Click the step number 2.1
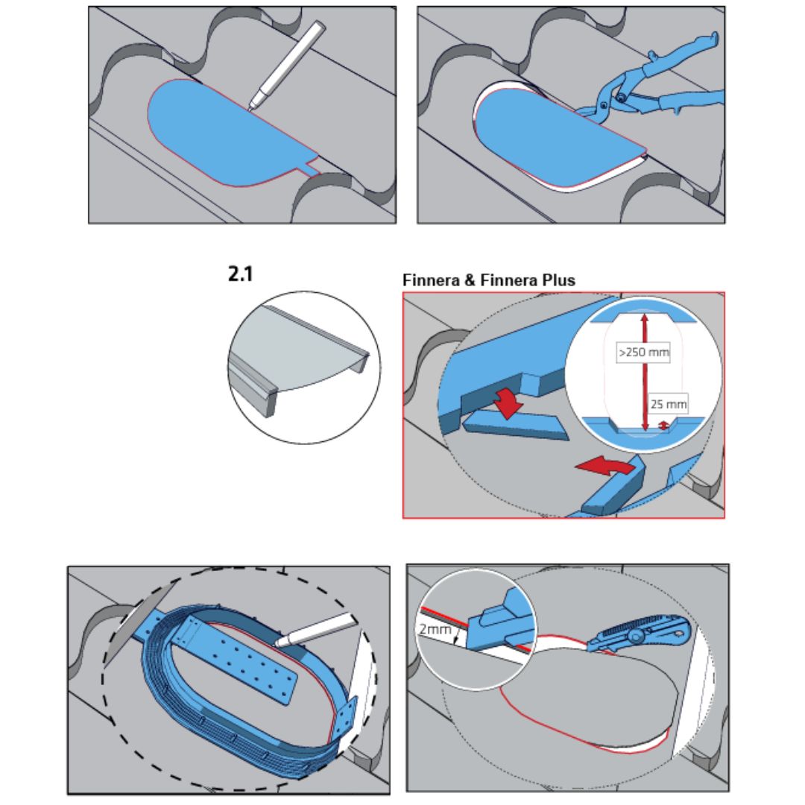(240, 274)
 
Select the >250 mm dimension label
(643, 352)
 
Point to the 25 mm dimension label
(669, 405)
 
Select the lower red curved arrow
(604, 468)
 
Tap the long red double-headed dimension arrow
(645, 373)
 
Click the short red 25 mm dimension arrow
(664, 426)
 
